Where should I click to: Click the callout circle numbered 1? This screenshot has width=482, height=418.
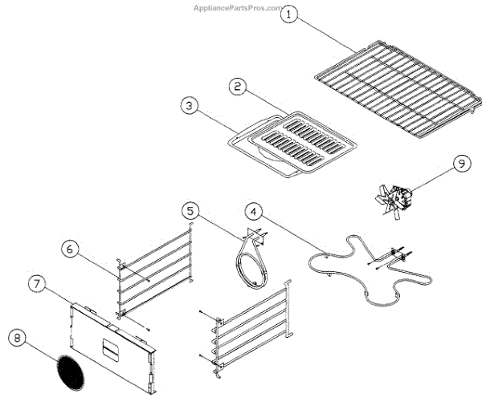click(x=293, y=14)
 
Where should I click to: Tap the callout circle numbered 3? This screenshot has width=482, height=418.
click(x=188, y=105)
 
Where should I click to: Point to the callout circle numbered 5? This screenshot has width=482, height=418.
click(x=190, y=211)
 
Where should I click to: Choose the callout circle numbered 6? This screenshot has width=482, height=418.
click(x=70, y=249)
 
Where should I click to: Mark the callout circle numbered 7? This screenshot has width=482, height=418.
click(x=36, y=282)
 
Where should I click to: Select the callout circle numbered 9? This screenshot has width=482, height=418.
click(x=460, y=164)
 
